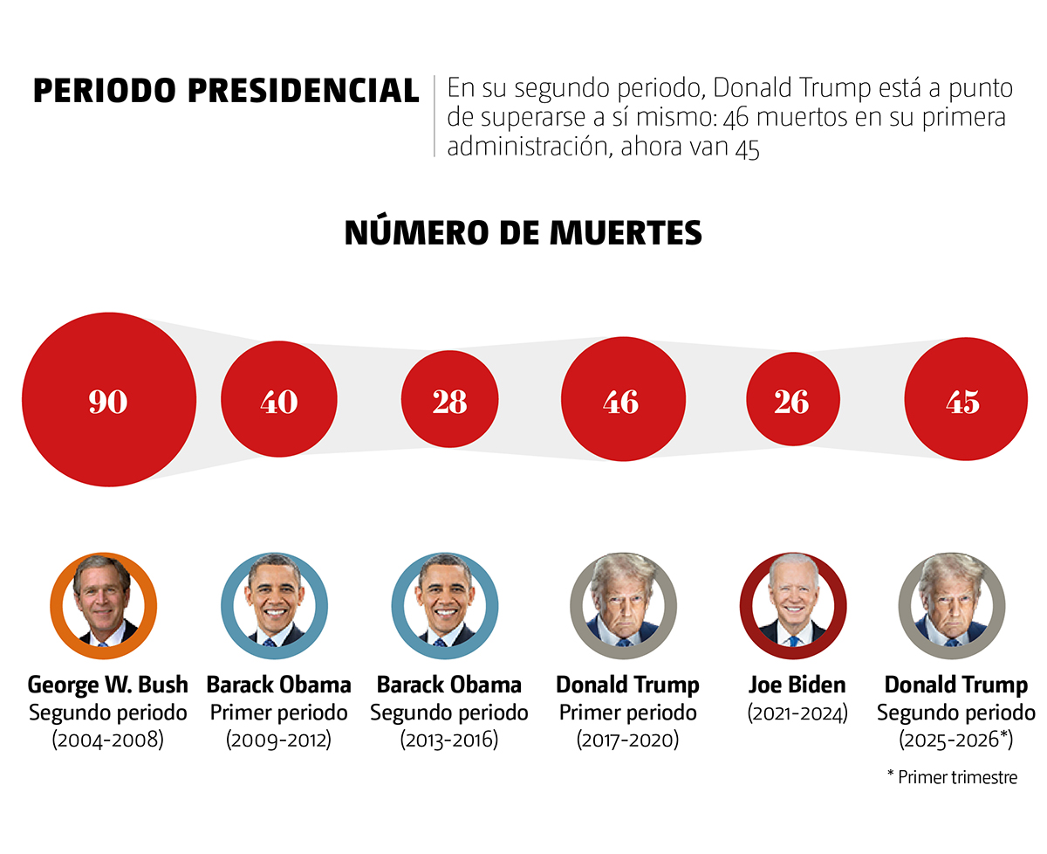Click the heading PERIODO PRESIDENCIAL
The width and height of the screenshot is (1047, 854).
coord(226,91)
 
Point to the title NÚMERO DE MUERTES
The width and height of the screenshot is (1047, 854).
coord(523,232)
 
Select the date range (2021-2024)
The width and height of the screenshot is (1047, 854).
coord(797,713)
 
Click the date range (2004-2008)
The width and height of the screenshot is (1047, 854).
coord(108,740)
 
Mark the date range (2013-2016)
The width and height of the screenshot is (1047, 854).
coord(449,740)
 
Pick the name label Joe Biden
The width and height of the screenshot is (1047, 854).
coord(797,684)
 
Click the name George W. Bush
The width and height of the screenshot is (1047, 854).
coord(108,684)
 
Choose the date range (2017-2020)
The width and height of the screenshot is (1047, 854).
coord(627,740)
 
